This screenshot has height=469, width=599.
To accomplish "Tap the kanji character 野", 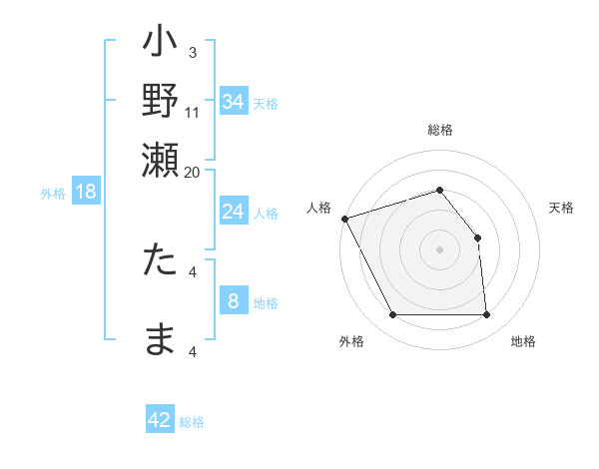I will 161,102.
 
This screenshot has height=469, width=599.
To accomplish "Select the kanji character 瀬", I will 161,158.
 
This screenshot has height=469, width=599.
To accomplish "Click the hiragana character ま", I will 161,339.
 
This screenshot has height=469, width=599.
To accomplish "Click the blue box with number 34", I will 233,102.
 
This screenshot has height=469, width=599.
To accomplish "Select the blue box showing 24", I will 233,212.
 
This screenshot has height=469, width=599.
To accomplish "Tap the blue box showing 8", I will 233,301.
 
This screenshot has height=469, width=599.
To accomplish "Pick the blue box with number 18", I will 86,192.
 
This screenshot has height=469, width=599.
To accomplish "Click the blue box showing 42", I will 160,420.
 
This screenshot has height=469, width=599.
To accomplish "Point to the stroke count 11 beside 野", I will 193,113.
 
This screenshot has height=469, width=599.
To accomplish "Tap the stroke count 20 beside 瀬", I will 193,172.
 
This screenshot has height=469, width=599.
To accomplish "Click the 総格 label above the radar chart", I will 440,130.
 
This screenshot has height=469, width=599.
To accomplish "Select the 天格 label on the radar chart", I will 561,208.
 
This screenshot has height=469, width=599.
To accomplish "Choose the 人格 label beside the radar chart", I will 318,208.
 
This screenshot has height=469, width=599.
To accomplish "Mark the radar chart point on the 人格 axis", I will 344,219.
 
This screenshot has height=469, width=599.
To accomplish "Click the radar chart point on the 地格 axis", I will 487,315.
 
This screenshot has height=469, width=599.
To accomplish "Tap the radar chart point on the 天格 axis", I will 477,237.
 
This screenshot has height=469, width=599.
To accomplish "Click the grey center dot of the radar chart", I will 440,249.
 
